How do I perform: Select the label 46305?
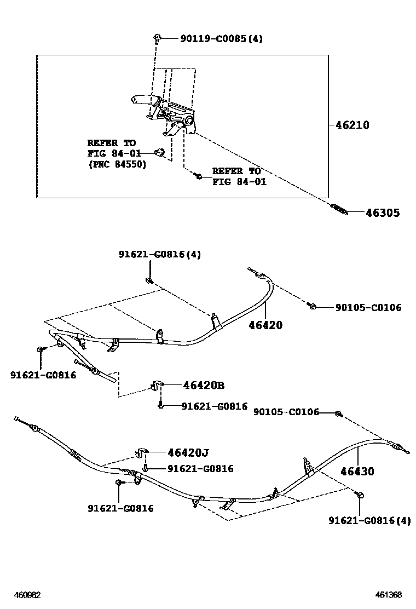pyautogui.click(x=382, y=213)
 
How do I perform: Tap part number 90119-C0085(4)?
pyautogui.click(x=221, y=39)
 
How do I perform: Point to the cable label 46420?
pyautogui.click(x=265, y=325)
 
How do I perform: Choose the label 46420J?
pyautogui.click(x=188, y=452)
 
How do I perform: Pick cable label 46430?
pyautogui.click(x=357, y=471)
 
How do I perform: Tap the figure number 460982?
pyautogui.click(x=27, y=595)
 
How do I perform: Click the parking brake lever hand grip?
pyautogui.click(x=142, y=100)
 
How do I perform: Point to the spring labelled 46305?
pyautogui.click(x=339, y=209)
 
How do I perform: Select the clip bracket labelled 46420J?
pyautogui.click(x=141, y=453)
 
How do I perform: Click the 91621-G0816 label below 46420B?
pyautogui.click(x=214, y=406)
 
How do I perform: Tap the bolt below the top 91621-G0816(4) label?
pyautogui.click(x=149, y=281)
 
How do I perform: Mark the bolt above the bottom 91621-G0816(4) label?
pyautogui.click(x=361, y=496)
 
